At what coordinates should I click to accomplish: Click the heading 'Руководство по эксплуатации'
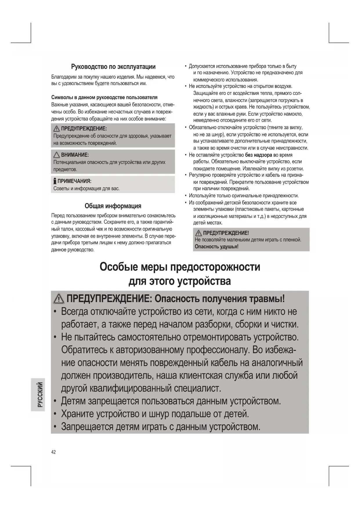113,67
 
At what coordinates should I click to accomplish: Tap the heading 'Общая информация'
113,206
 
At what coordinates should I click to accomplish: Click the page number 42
53,452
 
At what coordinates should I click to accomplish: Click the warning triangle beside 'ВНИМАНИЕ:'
57,155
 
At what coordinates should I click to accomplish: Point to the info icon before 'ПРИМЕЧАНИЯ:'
55,181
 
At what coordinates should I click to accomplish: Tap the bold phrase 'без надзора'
258,155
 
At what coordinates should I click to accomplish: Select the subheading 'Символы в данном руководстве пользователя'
104,97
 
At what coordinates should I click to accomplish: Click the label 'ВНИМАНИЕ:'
75,155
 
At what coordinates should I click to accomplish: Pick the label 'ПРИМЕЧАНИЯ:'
74,181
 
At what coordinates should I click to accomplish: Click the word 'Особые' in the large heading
118,267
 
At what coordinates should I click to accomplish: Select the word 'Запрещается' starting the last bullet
87,427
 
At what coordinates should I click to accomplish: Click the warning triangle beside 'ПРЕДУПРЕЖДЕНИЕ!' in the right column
199,233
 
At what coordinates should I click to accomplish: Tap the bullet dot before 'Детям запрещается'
55,401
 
